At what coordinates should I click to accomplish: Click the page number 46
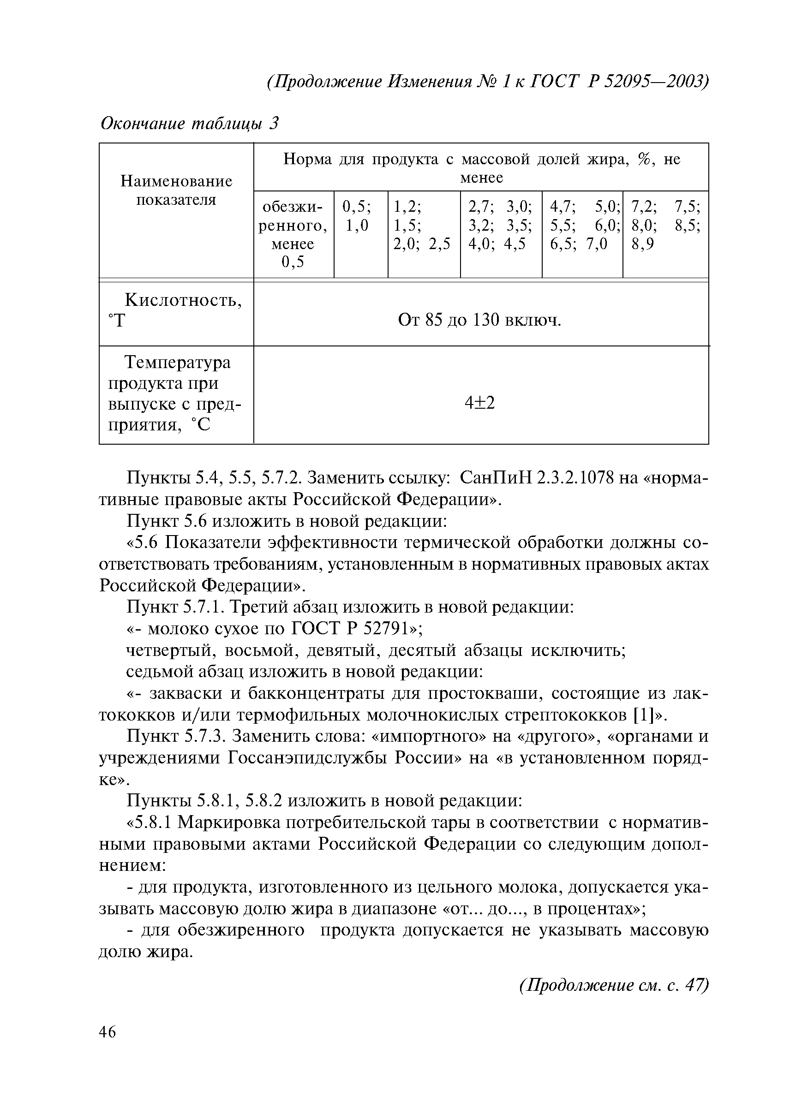(108, 1031)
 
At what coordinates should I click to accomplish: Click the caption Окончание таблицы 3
(190, 124)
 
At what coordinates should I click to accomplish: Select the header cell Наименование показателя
(176, 191)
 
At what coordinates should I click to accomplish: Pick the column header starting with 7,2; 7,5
(665, 226)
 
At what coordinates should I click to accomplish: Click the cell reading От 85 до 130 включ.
(479, 320)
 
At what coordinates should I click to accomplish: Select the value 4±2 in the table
(480, 402)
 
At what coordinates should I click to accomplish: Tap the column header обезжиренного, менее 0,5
(293, 234)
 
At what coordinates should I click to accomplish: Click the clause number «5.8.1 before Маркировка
(150, 822)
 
